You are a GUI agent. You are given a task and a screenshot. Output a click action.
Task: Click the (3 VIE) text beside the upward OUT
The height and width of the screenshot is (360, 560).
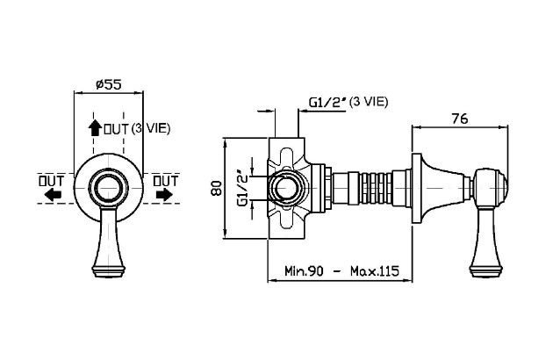pos(151,128)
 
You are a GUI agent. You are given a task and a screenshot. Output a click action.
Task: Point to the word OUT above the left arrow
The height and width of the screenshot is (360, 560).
pos(49,180)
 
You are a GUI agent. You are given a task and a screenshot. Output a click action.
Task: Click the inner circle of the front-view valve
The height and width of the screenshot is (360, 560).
pos(108,188)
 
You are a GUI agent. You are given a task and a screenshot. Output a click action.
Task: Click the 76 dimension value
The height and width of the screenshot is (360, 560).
pos(459,119)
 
